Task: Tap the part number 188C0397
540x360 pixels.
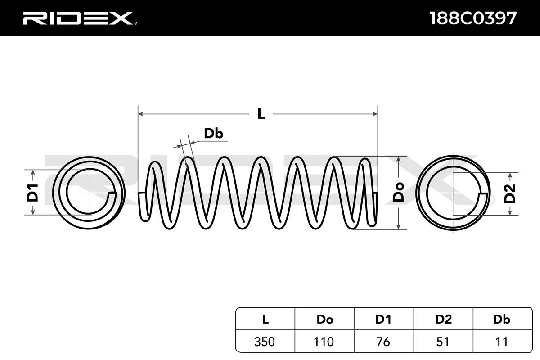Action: [472, 18]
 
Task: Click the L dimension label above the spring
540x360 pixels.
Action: [261, 114]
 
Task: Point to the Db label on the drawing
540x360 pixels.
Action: [214, 134]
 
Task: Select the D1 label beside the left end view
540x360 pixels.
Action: [32, 193]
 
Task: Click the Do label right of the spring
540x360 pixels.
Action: [398, 193]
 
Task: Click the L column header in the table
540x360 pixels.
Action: [265, 319]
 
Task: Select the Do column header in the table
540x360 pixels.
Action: [324, 319]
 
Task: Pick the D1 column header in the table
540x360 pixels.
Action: [383, 319]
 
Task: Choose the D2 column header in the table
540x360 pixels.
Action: [443, 319]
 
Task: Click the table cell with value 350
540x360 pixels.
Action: [265, 342]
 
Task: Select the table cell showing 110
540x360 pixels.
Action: [324, 342]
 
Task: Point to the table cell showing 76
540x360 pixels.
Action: [383, 342]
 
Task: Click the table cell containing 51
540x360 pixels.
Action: [443, 342]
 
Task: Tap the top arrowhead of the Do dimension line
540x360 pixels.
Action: [398, 159]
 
